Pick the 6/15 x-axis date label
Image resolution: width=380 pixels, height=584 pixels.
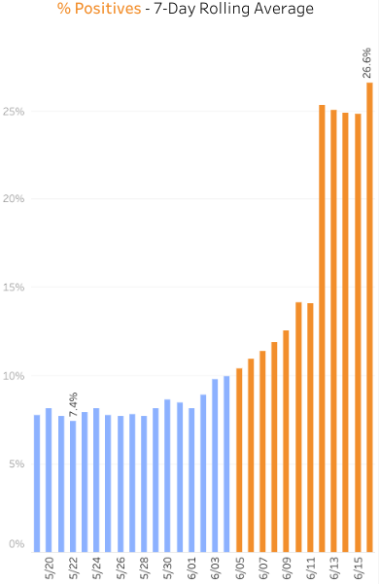pyautogui.click(x=358, y=567)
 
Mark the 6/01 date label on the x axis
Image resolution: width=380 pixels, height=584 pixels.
pyautogui.click(x=191, y=567)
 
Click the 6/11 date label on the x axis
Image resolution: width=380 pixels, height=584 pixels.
pyautogui.click(x=311, y=567)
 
